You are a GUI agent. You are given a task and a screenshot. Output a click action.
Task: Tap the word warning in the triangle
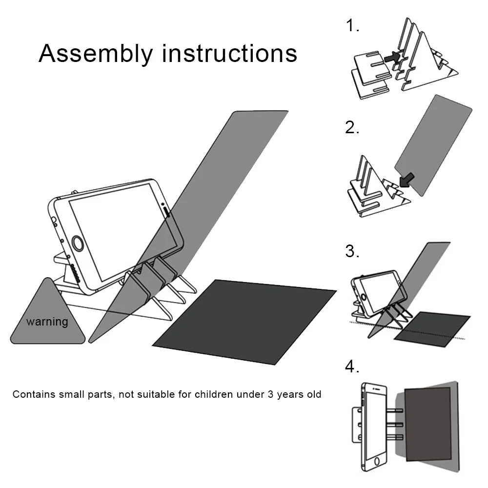(47, 322)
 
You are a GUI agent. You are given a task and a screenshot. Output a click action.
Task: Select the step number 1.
(352, 25)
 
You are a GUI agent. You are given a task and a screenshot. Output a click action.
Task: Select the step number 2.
(352, 127)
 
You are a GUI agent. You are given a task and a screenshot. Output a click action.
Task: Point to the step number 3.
(352, 251)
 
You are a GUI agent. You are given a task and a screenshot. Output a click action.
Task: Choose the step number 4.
(352, 366)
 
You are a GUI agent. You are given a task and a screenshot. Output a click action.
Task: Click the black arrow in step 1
(391, 58)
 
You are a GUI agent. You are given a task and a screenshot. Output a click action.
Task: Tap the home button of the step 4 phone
(374, 461)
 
